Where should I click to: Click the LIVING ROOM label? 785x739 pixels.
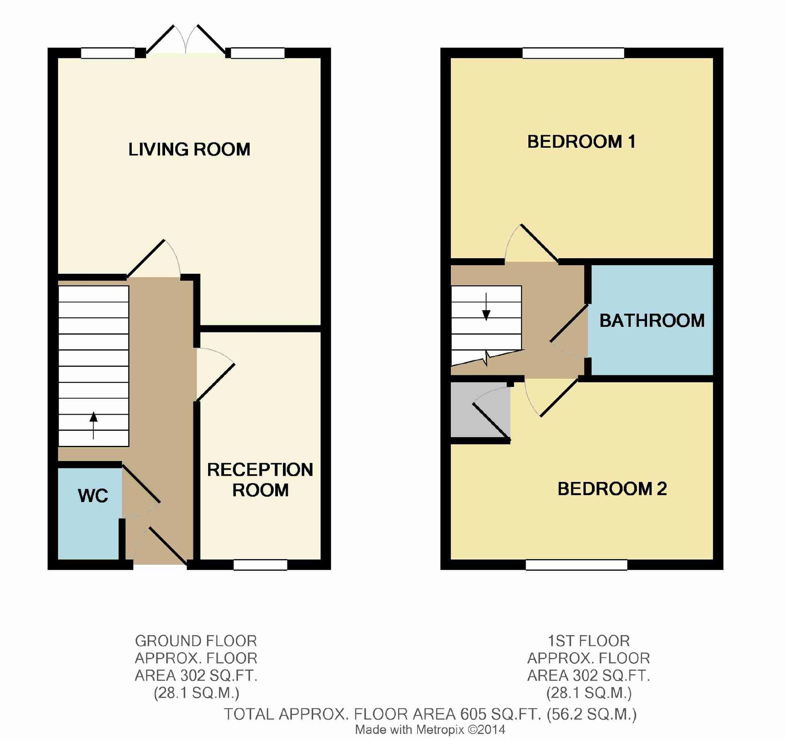pos(189,149)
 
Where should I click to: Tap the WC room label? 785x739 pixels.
pos(93,496)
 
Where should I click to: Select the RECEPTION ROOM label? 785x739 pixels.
pos(260,480)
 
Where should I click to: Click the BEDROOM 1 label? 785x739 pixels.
pos(581,142)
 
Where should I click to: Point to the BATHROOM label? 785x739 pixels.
pos(652,321)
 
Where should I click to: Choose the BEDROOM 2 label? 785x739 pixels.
pos(612,489)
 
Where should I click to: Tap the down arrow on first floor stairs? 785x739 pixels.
pos(486,308)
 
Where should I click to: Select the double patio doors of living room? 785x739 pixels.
pos(186,41)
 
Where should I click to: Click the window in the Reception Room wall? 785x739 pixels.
pos(260,565)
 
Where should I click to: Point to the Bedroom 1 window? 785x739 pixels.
pos(573,53)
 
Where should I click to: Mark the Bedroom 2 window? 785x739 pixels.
pos(576,565)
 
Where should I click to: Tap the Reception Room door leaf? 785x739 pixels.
pos(216,382)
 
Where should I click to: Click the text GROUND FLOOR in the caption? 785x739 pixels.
pos(196,641)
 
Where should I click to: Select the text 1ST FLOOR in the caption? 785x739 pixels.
pos(588,641)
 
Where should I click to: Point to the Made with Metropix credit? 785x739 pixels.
pos(430,730)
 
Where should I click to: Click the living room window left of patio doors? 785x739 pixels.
pos(108,53)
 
